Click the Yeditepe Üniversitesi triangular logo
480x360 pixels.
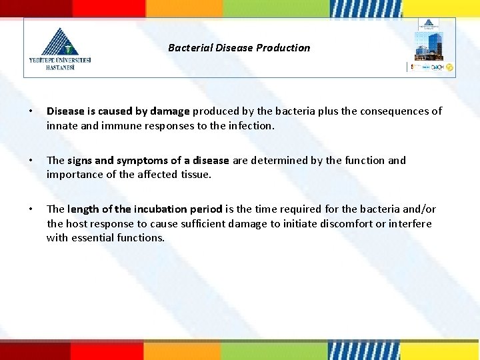60,41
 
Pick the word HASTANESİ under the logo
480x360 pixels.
61,67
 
